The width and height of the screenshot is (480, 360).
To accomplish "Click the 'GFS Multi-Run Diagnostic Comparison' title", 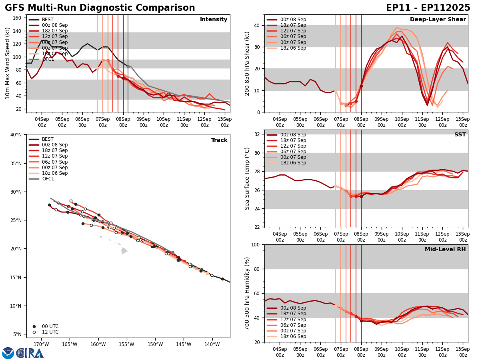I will [x=100, y=8].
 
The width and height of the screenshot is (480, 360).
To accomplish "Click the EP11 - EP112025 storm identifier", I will [x=428, y=8].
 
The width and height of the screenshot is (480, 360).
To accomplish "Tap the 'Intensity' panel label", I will [x=214, y=20].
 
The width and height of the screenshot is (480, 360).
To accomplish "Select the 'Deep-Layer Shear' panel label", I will [x=438, y=20].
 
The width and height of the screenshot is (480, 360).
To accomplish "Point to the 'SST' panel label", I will [x=460, y=135].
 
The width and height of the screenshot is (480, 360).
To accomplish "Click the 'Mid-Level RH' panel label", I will [x=445, y=250].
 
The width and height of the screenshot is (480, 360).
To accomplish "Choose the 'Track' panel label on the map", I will [x=219, y=140].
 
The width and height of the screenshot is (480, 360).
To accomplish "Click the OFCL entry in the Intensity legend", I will [x=48, y=59].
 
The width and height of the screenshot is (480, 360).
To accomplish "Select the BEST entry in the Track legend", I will [x=48, y=139].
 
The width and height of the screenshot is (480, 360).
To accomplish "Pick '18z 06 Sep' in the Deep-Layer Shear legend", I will [x=293, y=48].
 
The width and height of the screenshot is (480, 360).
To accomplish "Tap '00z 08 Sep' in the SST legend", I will [x=293, y=135].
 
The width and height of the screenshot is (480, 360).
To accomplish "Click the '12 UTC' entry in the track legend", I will [x=50, y=332].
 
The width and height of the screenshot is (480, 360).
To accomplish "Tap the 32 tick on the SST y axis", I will [x=258, y=134].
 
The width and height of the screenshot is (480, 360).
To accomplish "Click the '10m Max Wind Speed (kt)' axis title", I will [x=8, y=63].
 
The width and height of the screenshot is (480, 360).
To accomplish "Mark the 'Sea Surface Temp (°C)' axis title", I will [x=247, y=178].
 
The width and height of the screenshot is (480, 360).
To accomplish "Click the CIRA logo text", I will [x=30, y=353].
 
